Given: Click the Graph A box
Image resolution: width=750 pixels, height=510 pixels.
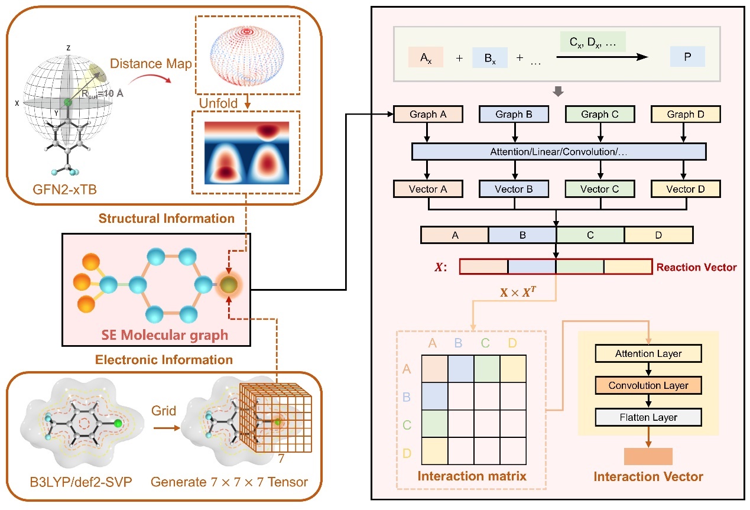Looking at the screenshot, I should pos(428,113).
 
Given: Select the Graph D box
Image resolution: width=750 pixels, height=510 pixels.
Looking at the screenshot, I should pos(686,113).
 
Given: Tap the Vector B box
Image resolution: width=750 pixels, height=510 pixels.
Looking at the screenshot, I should pos(514,189).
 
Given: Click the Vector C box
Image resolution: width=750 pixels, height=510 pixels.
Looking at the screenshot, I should pos(600,189).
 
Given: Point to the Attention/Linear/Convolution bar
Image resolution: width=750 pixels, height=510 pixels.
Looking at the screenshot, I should pos(559,151).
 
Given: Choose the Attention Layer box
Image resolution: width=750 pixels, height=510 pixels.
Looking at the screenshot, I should pos(648,354).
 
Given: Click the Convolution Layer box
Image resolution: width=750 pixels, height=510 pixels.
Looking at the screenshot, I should pos(648,385).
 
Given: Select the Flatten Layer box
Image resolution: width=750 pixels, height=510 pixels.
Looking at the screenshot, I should pos(648,417).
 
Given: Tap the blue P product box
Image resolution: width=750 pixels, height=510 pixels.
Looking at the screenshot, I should pos(687,57).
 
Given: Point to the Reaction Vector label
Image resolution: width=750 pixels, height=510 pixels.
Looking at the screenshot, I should pos(696,267).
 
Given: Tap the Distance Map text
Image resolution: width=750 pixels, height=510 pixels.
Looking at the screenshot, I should pos(151,63).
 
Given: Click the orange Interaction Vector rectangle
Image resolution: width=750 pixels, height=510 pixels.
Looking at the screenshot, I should pos(648,456).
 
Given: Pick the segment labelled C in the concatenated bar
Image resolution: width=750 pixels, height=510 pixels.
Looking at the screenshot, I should pos(590,235).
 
